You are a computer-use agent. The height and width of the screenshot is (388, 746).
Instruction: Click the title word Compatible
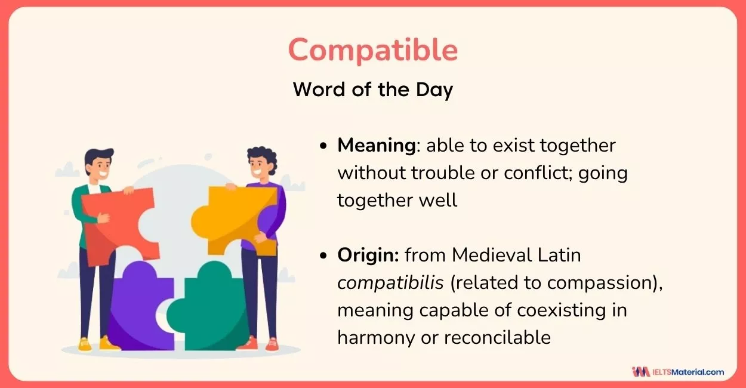point(373,50)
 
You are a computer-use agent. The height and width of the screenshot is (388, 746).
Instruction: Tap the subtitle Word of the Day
point(373,90)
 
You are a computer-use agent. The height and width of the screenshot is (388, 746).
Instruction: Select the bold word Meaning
point(377,146)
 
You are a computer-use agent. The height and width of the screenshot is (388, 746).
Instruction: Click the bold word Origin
point(368,255)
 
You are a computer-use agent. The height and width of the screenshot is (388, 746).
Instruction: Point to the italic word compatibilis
point(390,283)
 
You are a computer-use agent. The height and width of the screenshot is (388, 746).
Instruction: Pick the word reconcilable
point(497,337)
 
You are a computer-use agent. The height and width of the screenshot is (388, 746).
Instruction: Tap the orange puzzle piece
point(234,220)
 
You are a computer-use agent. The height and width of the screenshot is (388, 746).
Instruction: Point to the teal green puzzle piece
point(208,308)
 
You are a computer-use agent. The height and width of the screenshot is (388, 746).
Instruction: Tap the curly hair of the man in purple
point(265,156)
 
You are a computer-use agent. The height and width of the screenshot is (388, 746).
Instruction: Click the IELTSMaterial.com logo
point(678,372)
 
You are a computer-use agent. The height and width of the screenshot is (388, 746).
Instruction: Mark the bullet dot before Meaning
point(323,146)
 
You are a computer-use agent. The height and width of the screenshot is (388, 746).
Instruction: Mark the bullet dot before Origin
point(323,255)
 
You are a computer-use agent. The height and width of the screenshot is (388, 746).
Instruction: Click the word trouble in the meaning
point(454,173)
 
